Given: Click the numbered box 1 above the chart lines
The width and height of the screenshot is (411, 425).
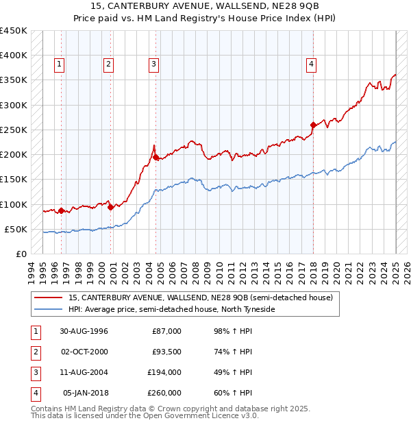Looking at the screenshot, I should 60,64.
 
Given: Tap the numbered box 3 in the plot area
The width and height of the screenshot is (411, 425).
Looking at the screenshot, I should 153,64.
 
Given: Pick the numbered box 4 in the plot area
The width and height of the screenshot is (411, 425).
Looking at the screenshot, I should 311,64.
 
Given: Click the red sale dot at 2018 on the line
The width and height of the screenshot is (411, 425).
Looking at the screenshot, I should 313,125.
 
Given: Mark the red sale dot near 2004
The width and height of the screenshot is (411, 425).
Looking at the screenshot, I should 155,158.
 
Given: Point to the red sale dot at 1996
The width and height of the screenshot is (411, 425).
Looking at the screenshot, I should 61,210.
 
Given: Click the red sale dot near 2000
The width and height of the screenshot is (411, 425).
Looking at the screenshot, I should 110,207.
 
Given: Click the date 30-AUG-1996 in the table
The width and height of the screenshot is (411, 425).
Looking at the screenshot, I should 84,332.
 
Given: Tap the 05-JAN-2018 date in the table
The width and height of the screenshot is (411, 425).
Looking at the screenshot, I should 86,393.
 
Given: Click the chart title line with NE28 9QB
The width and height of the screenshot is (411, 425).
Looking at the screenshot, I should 206,8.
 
